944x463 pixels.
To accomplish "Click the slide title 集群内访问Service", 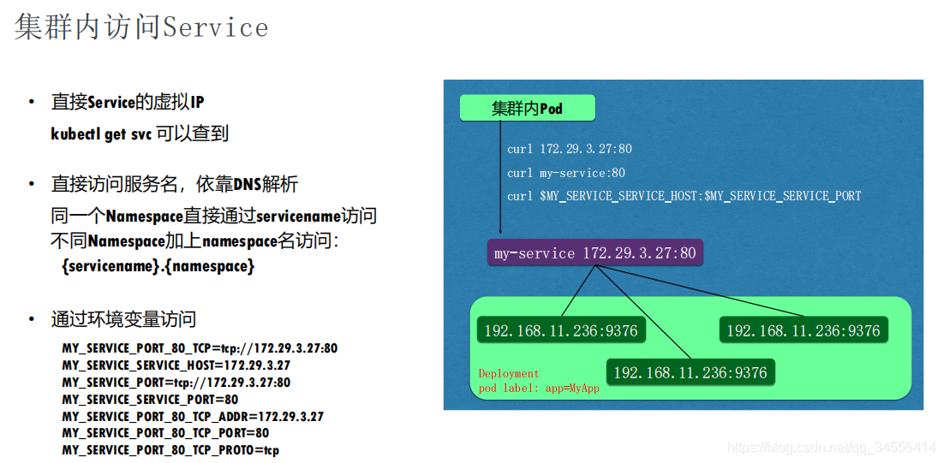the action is pos(141,27).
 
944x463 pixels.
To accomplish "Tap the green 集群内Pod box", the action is pos(528,108).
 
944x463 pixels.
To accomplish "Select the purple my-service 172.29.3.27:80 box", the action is pos(594,253).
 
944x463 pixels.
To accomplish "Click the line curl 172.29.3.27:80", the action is pos(570,149).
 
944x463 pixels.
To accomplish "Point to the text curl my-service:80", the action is pos(566,173).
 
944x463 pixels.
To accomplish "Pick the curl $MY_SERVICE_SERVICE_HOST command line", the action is pos(684,196).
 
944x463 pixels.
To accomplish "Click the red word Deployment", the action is pos(509,373).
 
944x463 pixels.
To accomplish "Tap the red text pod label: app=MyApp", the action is pos(539,388).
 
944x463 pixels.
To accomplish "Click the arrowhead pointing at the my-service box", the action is pos(500,230).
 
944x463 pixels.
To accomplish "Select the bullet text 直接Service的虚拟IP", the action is pos(128,103).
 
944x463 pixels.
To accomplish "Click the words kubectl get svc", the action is pos(101,134).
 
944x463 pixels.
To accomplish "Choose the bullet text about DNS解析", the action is pos(175,184).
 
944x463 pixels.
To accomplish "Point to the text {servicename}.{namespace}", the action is pos(158,265).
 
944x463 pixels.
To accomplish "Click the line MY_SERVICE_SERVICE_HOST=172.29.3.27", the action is pos(176,365).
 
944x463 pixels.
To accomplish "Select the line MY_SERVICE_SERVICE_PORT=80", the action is pos(150,400).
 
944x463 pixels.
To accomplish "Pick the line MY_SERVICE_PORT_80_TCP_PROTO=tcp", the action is pos(170,450).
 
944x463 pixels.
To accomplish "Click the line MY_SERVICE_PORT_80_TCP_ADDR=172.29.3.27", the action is pos(193,416).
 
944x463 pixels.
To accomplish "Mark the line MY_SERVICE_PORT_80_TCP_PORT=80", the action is pos(165,433).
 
